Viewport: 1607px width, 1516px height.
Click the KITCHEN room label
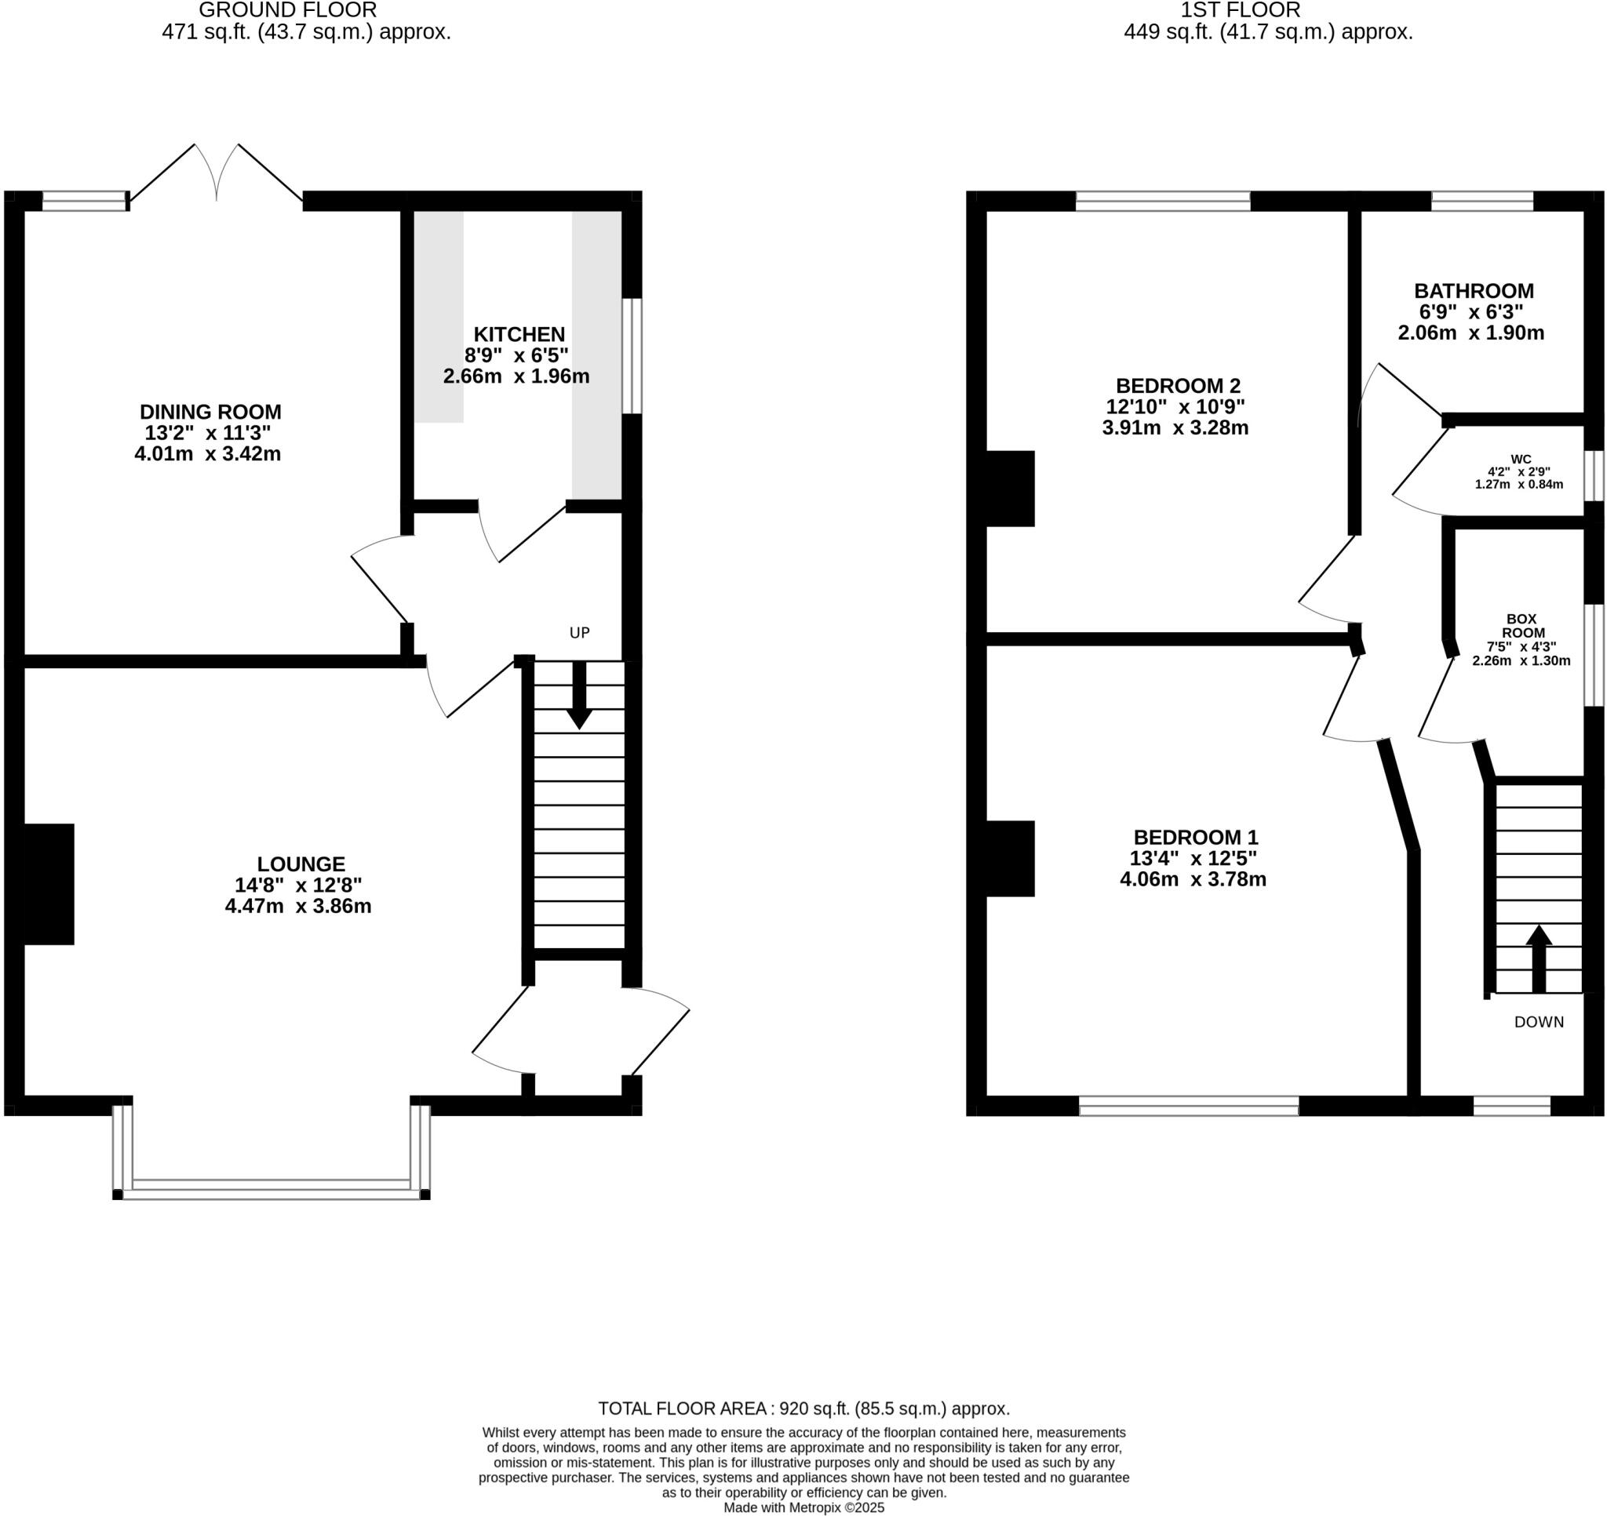coord(519,334)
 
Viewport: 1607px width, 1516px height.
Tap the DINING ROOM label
coord(210,411)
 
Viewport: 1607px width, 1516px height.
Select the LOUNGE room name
coord(301,863)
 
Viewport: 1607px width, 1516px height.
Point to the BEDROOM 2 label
coord(1178,385)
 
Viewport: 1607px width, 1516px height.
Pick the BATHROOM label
coord(1474,291)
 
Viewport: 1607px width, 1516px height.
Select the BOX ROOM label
coord(1522,626)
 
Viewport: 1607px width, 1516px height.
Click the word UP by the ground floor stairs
coord(580,633)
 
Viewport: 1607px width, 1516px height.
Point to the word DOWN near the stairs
coord(1539,1022)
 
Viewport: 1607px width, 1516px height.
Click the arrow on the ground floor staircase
coord(580,696)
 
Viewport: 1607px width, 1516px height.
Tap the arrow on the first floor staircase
coord(1538,959)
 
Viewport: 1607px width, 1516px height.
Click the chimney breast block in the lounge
coord(49,884)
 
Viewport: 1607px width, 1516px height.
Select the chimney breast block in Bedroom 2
coord(1011,489)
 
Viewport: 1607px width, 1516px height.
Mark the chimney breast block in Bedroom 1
coord(1011,859)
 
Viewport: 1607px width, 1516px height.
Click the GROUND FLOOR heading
coord(288,10)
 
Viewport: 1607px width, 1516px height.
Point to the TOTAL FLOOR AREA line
coord(803,1409)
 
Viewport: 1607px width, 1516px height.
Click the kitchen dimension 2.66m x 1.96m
coord(516,376)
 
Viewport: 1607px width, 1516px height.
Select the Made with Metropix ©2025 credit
coord(803,1507)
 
